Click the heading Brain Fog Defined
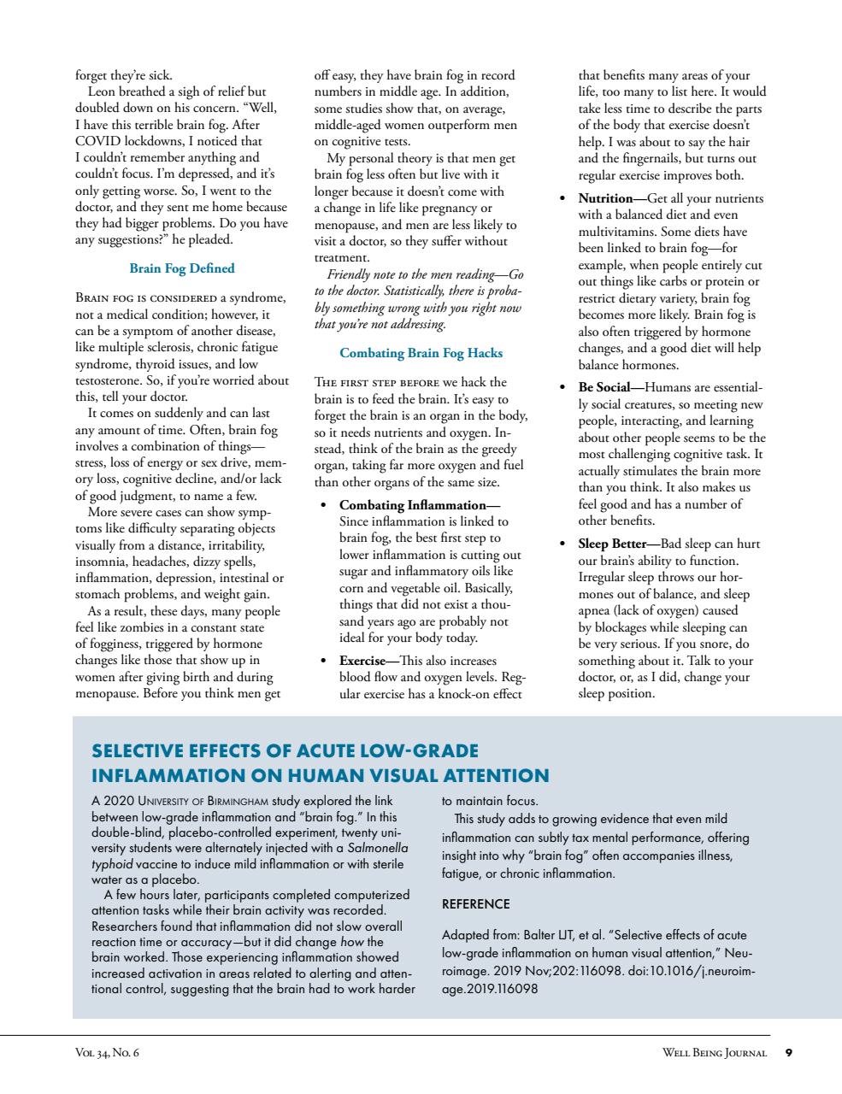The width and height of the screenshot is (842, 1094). [x=181, y=268]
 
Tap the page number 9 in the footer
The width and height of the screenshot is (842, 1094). [x=788, y=1053]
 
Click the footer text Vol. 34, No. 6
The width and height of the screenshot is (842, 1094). [x=107, y=1053]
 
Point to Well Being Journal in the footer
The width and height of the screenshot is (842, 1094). [x=714, y=1053]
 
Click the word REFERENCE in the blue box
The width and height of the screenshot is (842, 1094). [x=475, y=904]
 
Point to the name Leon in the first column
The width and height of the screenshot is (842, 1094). [x=103, y=91]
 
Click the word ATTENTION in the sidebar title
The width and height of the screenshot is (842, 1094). [x=495, y=776]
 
